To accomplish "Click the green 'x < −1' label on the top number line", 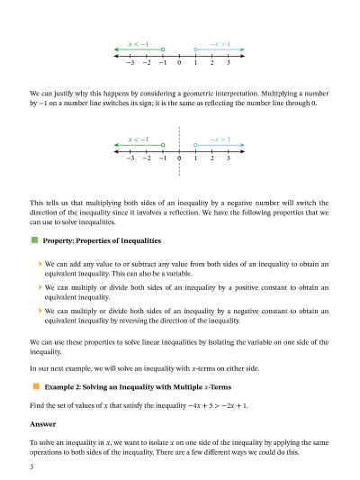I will [139, 43].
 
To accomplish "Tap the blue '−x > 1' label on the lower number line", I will [220, 140].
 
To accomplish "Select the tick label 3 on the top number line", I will [228, 62].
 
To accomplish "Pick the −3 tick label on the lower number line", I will [130, 158].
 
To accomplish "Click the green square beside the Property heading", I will [34, 241].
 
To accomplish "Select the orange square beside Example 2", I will [34, 385].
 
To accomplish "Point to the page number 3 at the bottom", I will [31, 468].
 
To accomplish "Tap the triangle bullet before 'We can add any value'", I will [40, 264].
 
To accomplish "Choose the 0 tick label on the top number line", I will [179, 62].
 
